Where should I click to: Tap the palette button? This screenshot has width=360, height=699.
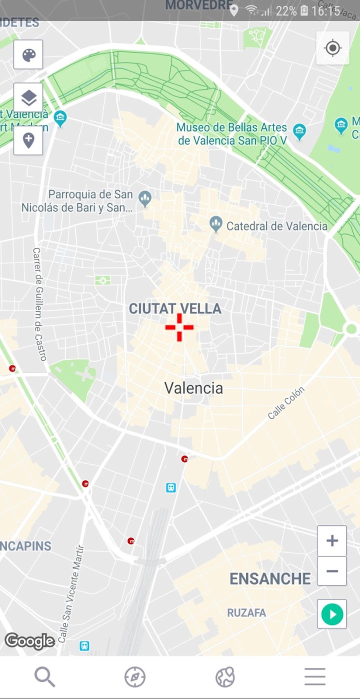(28, 54)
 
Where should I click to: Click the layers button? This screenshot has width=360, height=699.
(28, 97)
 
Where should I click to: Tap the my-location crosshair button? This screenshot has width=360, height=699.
(332, 48)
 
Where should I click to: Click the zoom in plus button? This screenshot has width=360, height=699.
(332, 540)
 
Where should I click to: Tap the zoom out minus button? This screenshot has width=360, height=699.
(332, 571)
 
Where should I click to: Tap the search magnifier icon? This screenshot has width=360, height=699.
(44, 677)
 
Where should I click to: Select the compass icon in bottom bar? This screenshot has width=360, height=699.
(135, 677)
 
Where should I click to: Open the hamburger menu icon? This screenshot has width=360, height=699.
(315, 677)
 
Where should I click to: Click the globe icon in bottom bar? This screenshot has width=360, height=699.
(225, 677)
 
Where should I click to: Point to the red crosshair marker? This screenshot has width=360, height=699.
(179, 327)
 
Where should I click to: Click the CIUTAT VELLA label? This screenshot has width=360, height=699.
(175, 308)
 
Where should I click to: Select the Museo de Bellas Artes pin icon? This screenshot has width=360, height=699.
(299, 132)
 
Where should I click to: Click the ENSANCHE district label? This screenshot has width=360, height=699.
(270, 579)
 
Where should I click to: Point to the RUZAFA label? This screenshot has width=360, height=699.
(246, 613)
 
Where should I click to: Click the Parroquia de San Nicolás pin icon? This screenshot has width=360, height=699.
(145, 199)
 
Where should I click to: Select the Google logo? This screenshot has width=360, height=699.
(30, 640)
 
